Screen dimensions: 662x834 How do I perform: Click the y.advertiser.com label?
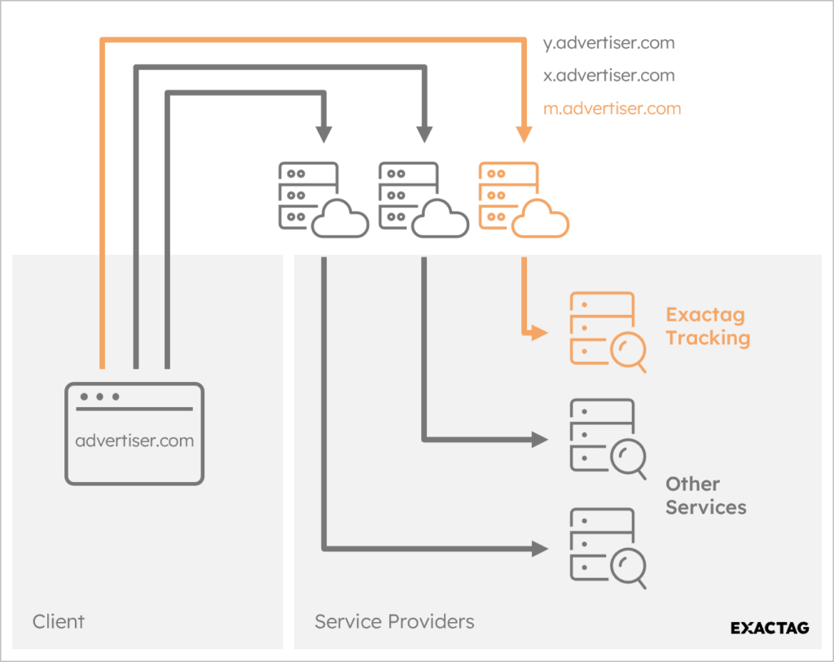click(608, 43)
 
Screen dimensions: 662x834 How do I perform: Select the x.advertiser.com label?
click(608, 76)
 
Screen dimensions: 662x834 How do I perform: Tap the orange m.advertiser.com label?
click(611, 108)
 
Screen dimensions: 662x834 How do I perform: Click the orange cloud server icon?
click(522, 199)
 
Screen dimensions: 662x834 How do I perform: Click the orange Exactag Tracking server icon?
click(607, 330)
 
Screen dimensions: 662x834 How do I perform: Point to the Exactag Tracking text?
click(707, 327)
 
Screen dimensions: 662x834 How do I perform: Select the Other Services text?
click(705, 495)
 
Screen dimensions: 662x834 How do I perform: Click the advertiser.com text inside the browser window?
click(134, 441)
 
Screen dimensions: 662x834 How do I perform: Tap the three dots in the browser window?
click(99, 397)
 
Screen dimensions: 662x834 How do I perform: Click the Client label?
click(59, 622)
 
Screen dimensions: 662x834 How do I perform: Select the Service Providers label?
click(394, 622)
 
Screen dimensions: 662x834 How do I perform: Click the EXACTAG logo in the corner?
click(769, 628)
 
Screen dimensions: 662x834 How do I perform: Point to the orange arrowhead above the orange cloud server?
click(524, 134)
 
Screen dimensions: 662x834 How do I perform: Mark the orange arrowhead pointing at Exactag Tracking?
click(538, 332)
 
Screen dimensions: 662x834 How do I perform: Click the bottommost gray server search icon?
click(607, 546)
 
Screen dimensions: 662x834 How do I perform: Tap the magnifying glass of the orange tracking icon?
click(629, 352)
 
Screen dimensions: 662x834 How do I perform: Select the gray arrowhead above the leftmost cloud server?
click(324, 134)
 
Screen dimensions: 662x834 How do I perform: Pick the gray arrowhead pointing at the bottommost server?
click(538, 548)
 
